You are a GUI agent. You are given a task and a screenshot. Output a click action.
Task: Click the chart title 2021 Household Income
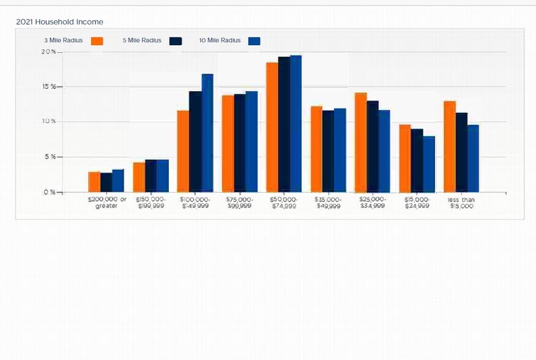point(59,22)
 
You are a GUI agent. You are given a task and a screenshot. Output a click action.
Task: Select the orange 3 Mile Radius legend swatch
point(97,41)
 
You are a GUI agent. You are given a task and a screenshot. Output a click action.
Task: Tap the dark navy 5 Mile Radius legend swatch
point(176,41)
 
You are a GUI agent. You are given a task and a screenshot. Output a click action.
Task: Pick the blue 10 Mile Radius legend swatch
point(254,41)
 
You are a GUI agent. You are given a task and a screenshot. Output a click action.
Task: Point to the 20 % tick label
point(48,52)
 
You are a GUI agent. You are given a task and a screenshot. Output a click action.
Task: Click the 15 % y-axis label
point(48,87)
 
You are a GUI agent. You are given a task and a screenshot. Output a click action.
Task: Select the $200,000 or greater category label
point(106,203)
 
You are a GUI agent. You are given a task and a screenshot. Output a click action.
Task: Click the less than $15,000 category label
point(461,203)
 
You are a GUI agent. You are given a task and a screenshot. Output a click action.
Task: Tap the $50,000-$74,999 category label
point(283,203)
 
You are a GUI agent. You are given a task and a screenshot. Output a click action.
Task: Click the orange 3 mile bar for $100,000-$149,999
point(183,151)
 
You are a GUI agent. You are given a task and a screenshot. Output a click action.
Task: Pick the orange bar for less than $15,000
point(450,146)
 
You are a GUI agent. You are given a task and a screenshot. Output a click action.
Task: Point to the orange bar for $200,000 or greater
point(94,182)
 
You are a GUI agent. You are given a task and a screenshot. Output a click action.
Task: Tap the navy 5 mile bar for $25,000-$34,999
point(373,146)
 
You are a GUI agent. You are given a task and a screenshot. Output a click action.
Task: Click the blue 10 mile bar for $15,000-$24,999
point(429,164)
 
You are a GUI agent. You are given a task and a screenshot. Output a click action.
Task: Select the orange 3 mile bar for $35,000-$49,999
point(316,149)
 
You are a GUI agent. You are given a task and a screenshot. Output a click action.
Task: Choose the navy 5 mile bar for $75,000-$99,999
point(239,143)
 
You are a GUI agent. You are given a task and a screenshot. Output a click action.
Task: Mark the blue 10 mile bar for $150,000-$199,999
point(163,176)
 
